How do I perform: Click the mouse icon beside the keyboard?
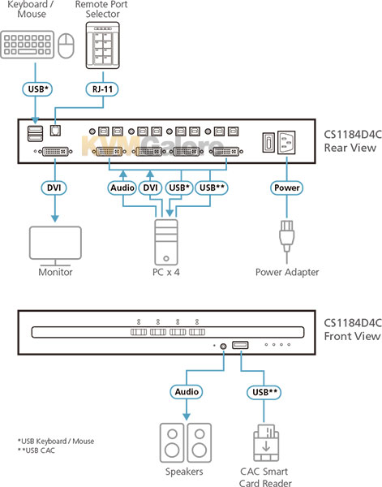[x=66, y=45]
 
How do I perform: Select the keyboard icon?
[x=28, y=45]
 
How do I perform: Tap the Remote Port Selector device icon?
[x=102, y=45]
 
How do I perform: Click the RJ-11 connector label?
[x=101, y=89]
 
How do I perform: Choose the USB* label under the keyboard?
[x=37, y=89]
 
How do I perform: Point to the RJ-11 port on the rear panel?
[x=55, y=131]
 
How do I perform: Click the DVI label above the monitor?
[x=54, y=187]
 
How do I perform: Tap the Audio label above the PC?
[x=122, y=188]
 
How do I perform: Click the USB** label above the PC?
[x=212, y=188]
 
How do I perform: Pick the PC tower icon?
[x=166, y=242]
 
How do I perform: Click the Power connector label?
[x=286, y=188]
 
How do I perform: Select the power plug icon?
[x=286, y=237]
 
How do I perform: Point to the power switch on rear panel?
[x=268, y=143]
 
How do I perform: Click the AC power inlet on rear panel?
[x=286, y=142]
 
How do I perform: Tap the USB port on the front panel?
[x=240, y=345]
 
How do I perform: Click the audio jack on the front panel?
[x=223, y=346]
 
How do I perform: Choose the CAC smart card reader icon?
[x=266, y=442]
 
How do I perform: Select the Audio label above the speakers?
[x=187, y=392]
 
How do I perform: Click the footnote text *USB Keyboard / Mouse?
[x=56, y=442]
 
